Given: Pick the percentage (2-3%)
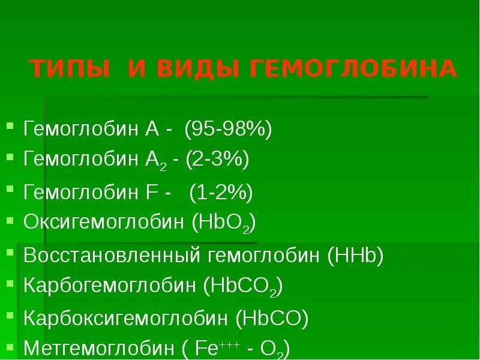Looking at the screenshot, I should [217, 160].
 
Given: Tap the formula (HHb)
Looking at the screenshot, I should [356, 255].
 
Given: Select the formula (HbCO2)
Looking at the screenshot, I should [243, 286].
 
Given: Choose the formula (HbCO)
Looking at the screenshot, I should [272, 317].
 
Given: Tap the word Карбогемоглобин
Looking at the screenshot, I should [110, 286].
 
